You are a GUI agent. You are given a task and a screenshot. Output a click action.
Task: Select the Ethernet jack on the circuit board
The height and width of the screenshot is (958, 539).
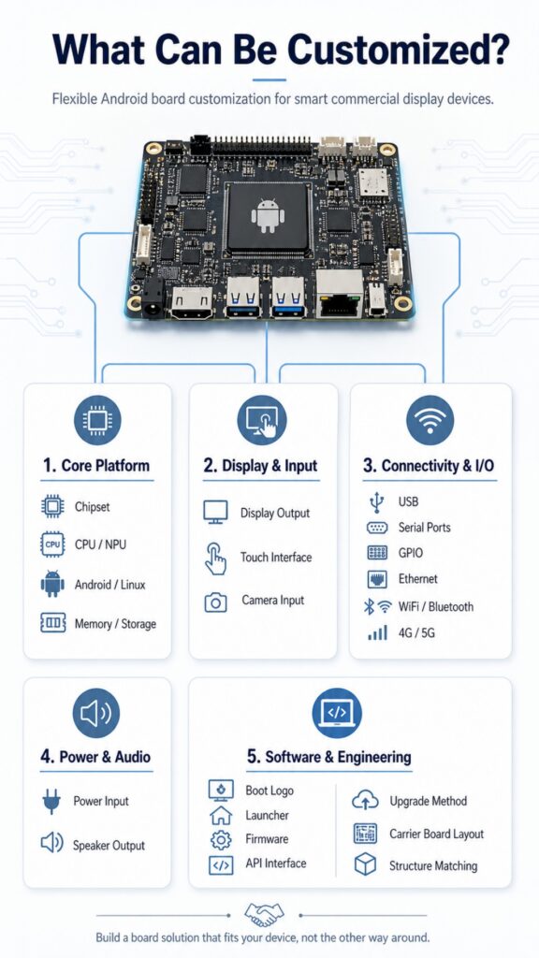click(339, 293)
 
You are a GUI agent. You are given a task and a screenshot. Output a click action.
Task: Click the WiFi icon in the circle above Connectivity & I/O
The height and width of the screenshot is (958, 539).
click(430, 420)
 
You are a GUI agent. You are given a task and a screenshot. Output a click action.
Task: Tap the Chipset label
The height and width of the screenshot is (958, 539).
click(93, 506)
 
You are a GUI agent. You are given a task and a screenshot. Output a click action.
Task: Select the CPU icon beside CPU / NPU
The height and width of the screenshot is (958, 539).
click(52, 544)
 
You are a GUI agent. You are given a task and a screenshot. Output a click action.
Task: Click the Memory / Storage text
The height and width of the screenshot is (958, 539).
click(115, 624)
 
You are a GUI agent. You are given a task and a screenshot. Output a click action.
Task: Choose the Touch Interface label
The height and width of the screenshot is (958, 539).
click(276, 558)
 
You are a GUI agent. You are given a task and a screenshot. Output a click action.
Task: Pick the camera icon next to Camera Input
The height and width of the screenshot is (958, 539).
click(215, 602)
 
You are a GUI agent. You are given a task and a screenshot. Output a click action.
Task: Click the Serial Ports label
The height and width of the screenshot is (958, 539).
click(424, 528)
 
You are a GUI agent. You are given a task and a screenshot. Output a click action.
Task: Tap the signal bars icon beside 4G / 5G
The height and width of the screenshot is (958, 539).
click(378, 633)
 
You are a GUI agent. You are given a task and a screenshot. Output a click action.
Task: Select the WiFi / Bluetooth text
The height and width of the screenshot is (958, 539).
click(436, 606)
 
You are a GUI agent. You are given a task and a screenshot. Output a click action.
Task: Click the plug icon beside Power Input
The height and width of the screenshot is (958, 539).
click(52, 802)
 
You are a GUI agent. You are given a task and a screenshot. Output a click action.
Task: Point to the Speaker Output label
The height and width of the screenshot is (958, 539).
click(109, 846)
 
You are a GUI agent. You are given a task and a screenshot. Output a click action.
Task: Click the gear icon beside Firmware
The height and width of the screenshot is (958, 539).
click(221, 840)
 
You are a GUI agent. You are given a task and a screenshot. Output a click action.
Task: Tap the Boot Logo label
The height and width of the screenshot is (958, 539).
click(269, 791)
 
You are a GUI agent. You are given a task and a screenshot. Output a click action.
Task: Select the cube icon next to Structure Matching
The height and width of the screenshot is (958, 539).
click(366, 864)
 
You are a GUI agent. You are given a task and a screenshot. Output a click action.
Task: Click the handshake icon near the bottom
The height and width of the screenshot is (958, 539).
click(264, 915)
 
